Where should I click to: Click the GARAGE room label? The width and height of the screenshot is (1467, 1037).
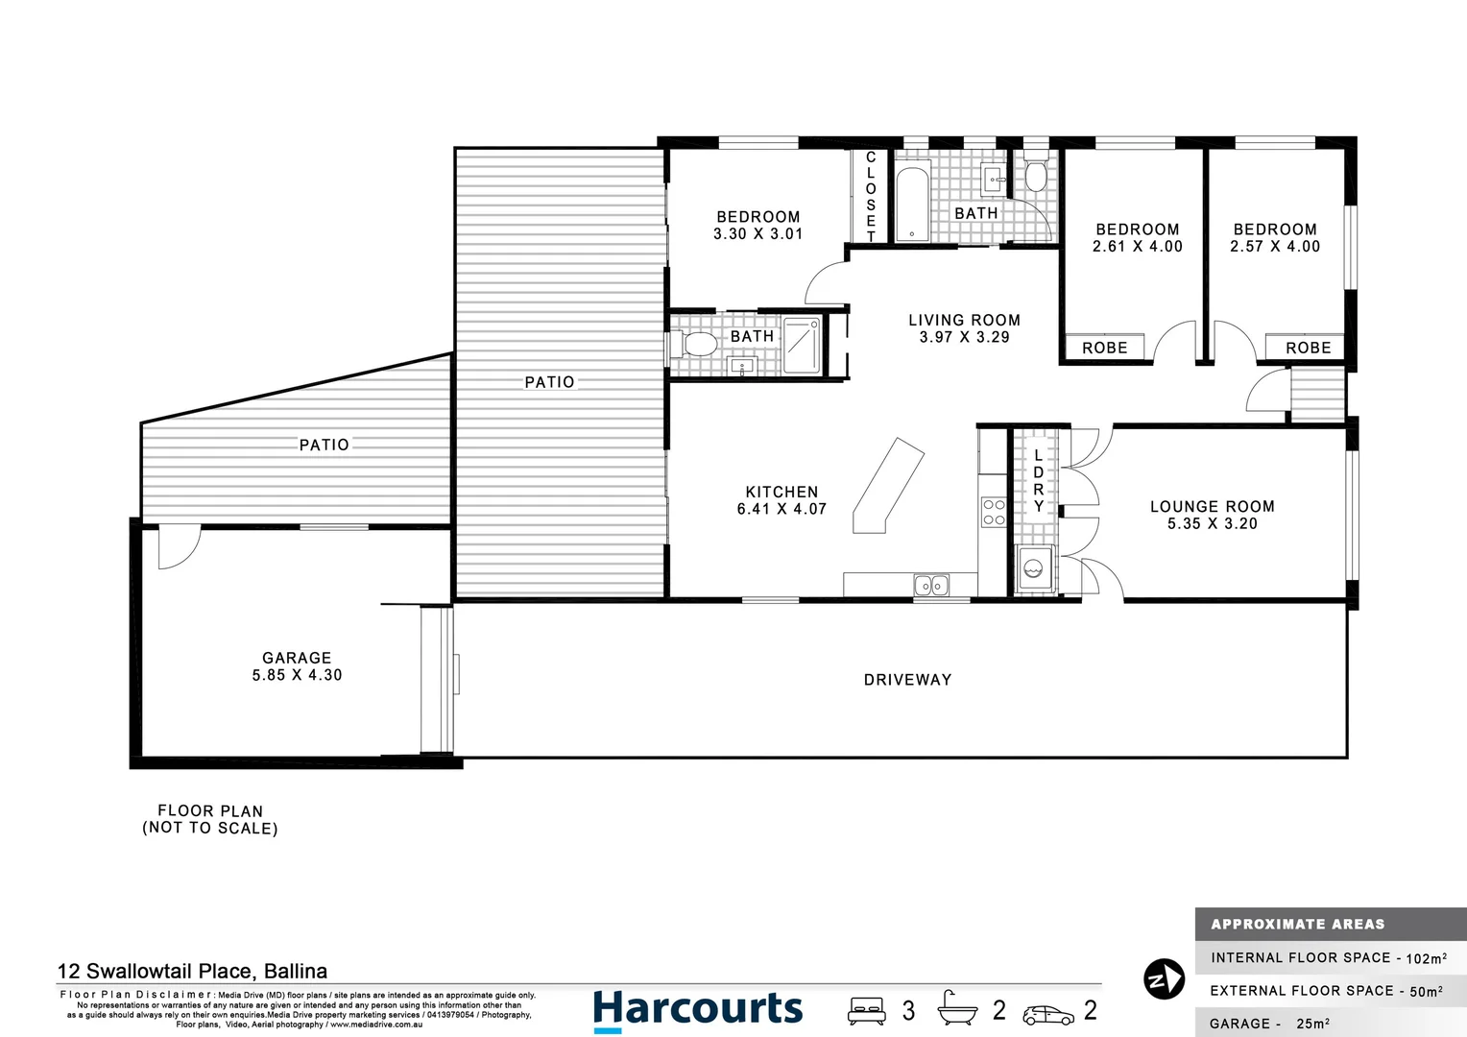click(x=297, y=658)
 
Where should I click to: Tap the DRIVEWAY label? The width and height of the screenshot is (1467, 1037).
click(x=907, y=680)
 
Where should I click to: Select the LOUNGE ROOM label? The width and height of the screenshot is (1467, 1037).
click(x=1212, y=506)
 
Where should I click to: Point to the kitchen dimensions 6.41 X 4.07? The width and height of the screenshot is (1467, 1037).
click(x=782, y=509)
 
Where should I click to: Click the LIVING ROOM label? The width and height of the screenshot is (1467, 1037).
click(x=964, y=320)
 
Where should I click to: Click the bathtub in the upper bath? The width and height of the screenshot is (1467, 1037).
click(x=911, y=205)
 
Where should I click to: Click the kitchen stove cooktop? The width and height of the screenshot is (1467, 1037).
click(x=993, y=513)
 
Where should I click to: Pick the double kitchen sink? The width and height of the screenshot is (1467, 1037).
click(x=930, y=585)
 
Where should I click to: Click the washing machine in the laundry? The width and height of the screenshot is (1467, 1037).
click(x=1034, y=567)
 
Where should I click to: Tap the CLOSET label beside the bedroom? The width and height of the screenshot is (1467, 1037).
click(x=871, y=197)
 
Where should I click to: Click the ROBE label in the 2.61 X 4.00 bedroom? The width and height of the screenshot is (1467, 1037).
click(x=1104, y=348)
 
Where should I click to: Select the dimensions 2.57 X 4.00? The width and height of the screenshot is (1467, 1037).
click(x=1275, y=247)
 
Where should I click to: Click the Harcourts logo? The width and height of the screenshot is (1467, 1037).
click(x=697, y=1010)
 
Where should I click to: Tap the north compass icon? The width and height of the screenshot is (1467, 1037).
click(x=1164, y=979)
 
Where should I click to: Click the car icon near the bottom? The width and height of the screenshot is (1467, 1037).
click(x=1048, y=1014)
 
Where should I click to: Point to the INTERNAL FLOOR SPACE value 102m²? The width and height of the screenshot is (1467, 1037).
click(x=1426, y=958)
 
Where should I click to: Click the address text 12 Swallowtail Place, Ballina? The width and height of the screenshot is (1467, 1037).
click(x=192, y=971)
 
